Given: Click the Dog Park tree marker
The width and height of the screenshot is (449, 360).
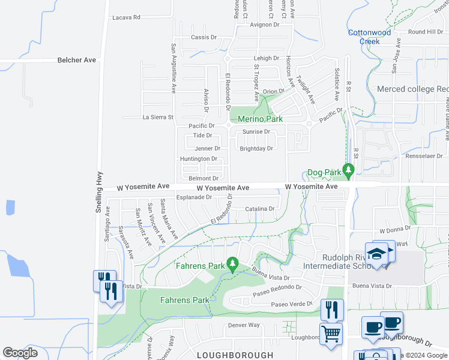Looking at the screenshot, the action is point(348,170).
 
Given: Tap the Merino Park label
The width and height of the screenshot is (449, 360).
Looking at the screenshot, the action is point(260,119).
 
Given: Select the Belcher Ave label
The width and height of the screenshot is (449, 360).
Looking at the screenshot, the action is point(77,60).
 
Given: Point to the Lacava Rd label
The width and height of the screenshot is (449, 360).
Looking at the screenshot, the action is point(126,17).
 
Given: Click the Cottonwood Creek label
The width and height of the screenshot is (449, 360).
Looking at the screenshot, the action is point(369,37).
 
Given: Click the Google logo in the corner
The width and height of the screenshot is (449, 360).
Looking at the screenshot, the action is point(20,352).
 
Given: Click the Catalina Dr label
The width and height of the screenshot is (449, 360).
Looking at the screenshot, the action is point(259,209).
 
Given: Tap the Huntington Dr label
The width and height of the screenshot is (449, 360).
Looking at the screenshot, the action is point(198,158).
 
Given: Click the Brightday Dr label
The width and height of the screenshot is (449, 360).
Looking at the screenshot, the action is point(256,148).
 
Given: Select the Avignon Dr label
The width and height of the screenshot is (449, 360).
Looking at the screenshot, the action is point(265,25).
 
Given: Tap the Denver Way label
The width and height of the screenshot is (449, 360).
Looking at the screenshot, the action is point(243,325).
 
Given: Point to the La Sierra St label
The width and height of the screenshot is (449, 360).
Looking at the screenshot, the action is point(157,117).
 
